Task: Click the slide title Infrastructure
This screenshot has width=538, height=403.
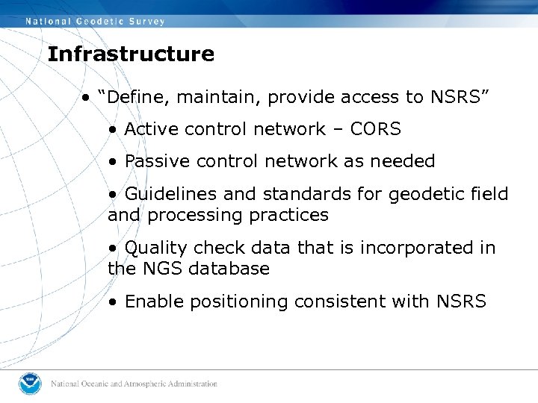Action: [x=130, y=54]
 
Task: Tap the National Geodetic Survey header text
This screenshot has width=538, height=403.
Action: [x=96, y=22]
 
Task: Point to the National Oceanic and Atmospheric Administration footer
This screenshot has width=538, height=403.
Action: [x=134, y=384]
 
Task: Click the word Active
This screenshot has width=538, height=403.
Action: [x=152, y=129]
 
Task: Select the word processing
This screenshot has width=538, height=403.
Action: [x=194, y=215]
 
